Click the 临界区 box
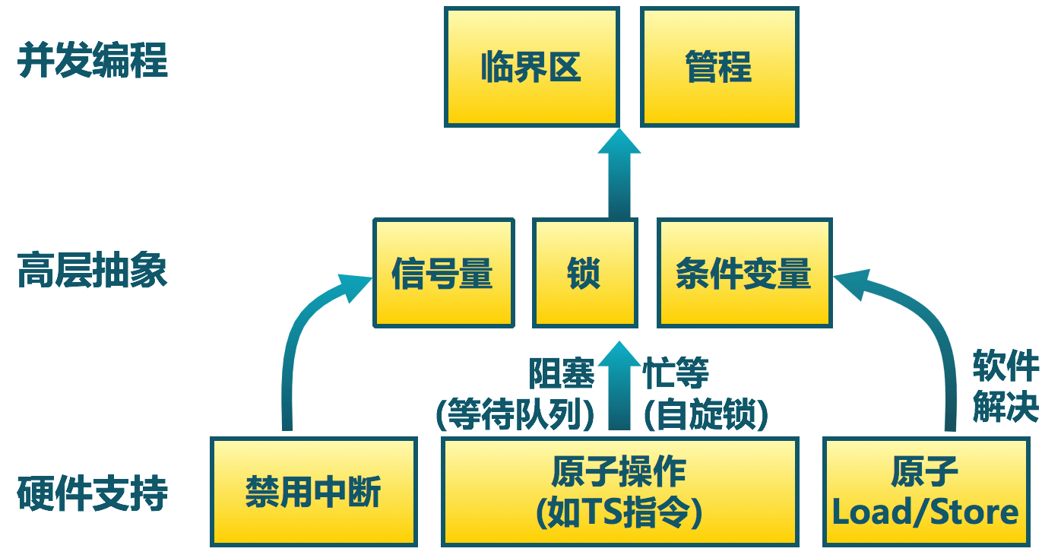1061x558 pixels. point(530,67)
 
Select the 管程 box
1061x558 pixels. point(719,67)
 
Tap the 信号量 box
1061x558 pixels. point(443,273)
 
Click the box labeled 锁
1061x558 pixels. point(584,273)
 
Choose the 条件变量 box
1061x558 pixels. point(744,273)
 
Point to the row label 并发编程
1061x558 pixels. point(93,61)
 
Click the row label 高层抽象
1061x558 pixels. point(93,271)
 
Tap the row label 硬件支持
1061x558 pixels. point(93,493)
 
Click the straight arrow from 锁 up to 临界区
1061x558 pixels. point(619,175)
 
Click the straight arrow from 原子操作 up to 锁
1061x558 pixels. point(619,388)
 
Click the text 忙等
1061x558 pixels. point(676,374)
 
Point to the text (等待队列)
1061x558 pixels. point(515,415)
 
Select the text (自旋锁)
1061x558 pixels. point(706,415)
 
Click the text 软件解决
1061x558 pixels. point(1005,388)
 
